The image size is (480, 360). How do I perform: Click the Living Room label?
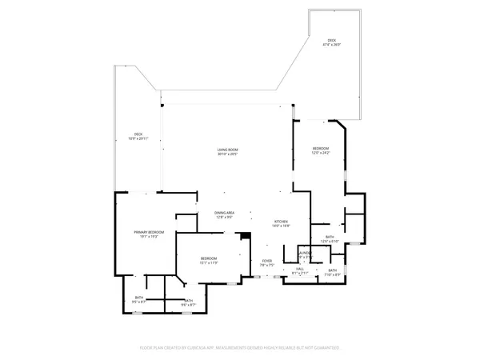tap(227, 150)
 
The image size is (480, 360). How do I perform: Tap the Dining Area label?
tap(224, 213)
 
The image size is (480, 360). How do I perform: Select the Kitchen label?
tap(280, 222)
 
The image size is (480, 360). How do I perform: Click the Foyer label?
tap(267, 260)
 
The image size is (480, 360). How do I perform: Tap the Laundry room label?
tap(304, 253)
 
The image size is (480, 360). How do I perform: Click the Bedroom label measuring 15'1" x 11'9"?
tap(208, 258)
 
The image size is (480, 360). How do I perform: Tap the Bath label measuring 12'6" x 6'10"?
tap(330, 238)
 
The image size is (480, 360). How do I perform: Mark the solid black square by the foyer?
tap(246, 236)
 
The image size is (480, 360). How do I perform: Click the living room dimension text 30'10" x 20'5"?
tap(227, 154)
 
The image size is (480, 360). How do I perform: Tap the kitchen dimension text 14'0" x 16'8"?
tap(280, 226)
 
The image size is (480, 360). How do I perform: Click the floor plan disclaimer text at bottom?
tap(240, 348)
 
